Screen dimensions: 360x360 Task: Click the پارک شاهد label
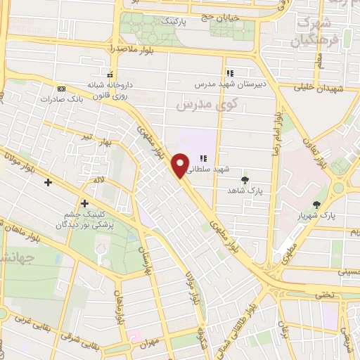coord(243,190)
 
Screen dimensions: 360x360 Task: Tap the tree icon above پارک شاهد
coord(245,179)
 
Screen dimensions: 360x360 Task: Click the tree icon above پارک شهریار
coord(318,205)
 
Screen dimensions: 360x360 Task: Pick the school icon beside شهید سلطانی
coord(204,160)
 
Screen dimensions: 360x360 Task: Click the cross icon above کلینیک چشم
coord(85,204)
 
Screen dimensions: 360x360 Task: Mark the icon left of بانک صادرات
coord(61,89)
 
